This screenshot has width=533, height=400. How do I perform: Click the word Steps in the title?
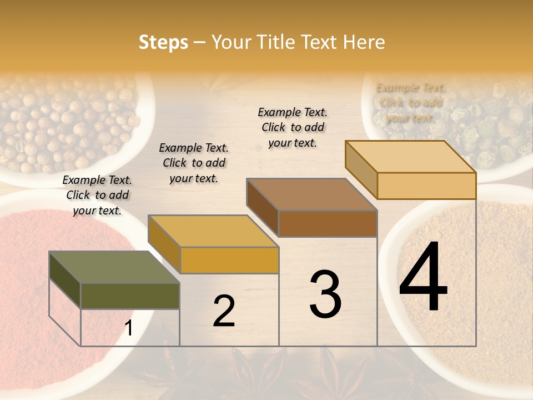163,42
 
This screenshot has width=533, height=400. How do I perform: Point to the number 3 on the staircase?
325,294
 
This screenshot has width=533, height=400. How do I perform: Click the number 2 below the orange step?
224,311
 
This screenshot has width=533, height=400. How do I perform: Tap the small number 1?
128,328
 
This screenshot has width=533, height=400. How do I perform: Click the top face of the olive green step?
114,267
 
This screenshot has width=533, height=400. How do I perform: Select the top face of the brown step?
311,194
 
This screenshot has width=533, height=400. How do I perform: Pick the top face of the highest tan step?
410,157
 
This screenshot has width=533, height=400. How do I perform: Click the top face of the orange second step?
213,231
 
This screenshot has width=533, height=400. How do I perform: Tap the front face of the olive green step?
130,296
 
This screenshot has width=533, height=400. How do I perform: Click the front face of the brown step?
328,223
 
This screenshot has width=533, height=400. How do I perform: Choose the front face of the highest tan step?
426,186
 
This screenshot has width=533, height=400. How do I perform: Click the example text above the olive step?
97,195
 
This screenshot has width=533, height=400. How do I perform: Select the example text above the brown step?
293,127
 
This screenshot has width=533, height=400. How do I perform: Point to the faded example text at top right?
410,102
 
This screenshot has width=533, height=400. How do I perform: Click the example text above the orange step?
194,163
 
